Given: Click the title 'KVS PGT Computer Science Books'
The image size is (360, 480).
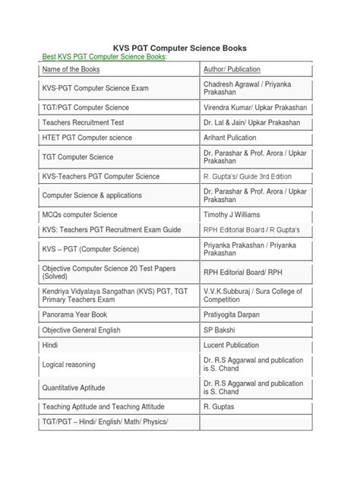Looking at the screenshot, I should tap(179, 47).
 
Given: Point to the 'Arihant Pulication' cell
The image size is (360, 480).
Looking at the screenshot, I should tap(234, 137).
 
